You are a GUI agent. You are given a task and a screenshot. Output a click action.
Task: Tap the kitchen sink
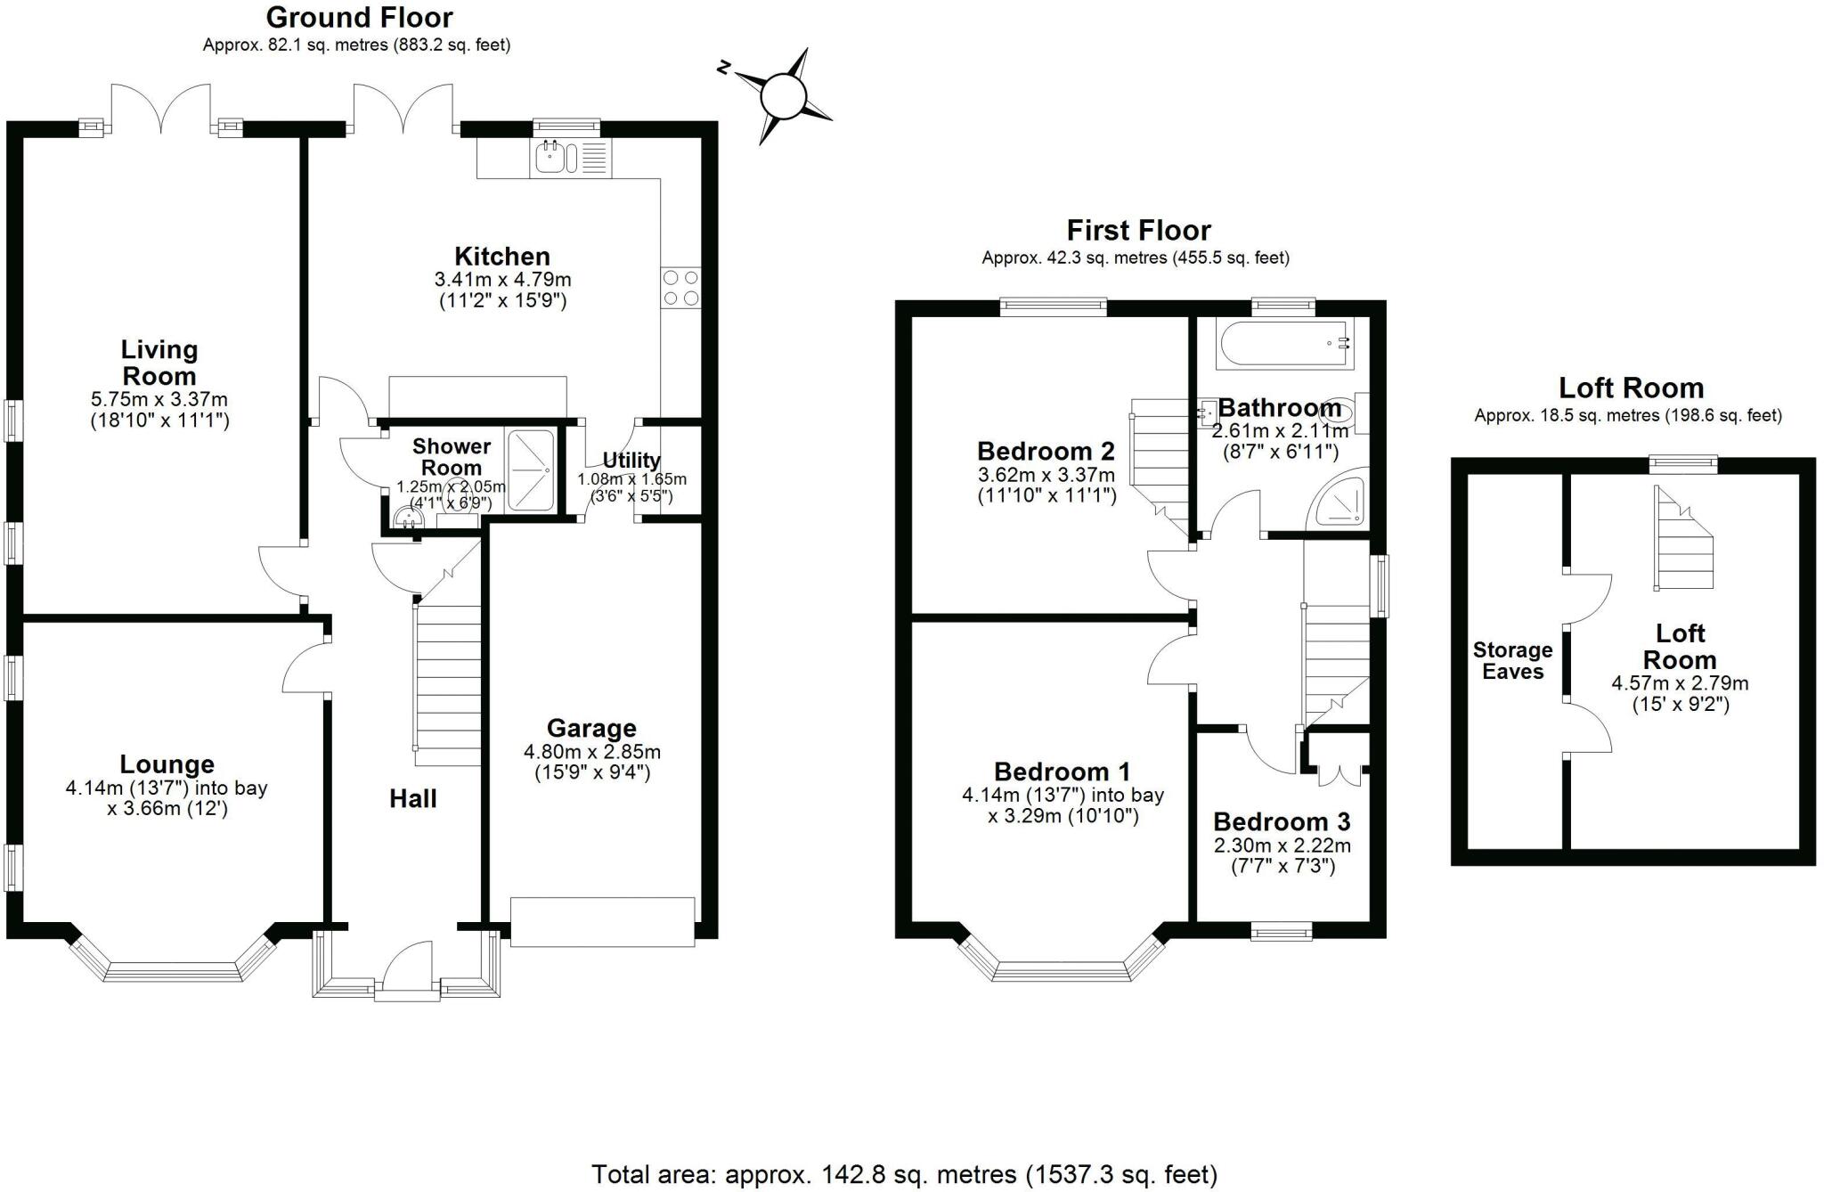pyautogui.click(x=551, y=159)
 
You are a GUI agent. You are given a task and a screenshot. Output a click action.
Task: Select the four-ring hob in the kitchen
pyautogui.click(x=680, y=287)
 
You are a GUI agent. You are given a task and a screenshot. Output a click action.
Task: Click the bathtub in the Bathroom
pyautogui.click(x=1285, y=344)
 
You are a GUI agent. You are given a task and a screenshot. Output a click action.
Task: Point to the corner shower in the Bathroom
pyautogui.click(x=1339, y=502)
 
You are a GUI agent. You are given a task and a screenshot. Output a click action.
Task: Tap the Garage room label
pyautogui.click(x=591, y=729)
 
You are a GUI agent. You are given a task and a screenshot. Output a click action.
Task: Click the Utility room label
pyautogui.click(x=631, y=461)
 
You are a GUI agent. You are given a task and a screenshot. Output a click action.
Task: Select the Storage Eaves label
pyautogui.click(x=1512, y=661)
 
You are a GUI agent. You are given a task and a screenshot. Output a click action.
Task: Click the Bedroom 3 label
pyautogui.click(x=1282, y=821)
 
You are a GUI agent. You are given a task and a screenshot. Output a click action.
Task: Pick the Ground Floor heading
pyautogui.click(x=359, y=17)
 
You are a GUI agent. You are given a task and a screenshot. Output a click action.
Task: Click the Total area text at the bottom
pyautogui.click(x=904, y=1174)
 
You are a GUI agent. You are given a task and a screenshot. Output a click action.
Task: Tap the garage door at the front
pyautogui.click(x=602, y=921)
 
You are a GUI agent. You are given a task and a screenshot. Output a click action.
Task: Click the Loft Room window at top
pyautogui.click(x=1681, y=463)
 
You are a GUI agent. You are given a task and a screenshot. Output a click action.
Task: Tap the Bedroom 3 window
pyautogui.click(x=1281, y=932)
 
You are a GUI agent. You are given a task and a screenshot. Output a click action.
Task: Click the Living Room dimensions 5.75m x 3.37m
pyautogui.click(x=159, y=399)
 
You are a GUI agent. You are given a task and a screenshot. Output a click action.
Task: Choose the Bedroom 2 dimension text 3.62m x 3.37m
pyautogui.click(x=1046, y=475)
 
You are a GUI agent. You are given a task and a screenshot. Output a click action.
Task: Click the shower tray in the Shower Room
pyautogui.click(x=531, y=470)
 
